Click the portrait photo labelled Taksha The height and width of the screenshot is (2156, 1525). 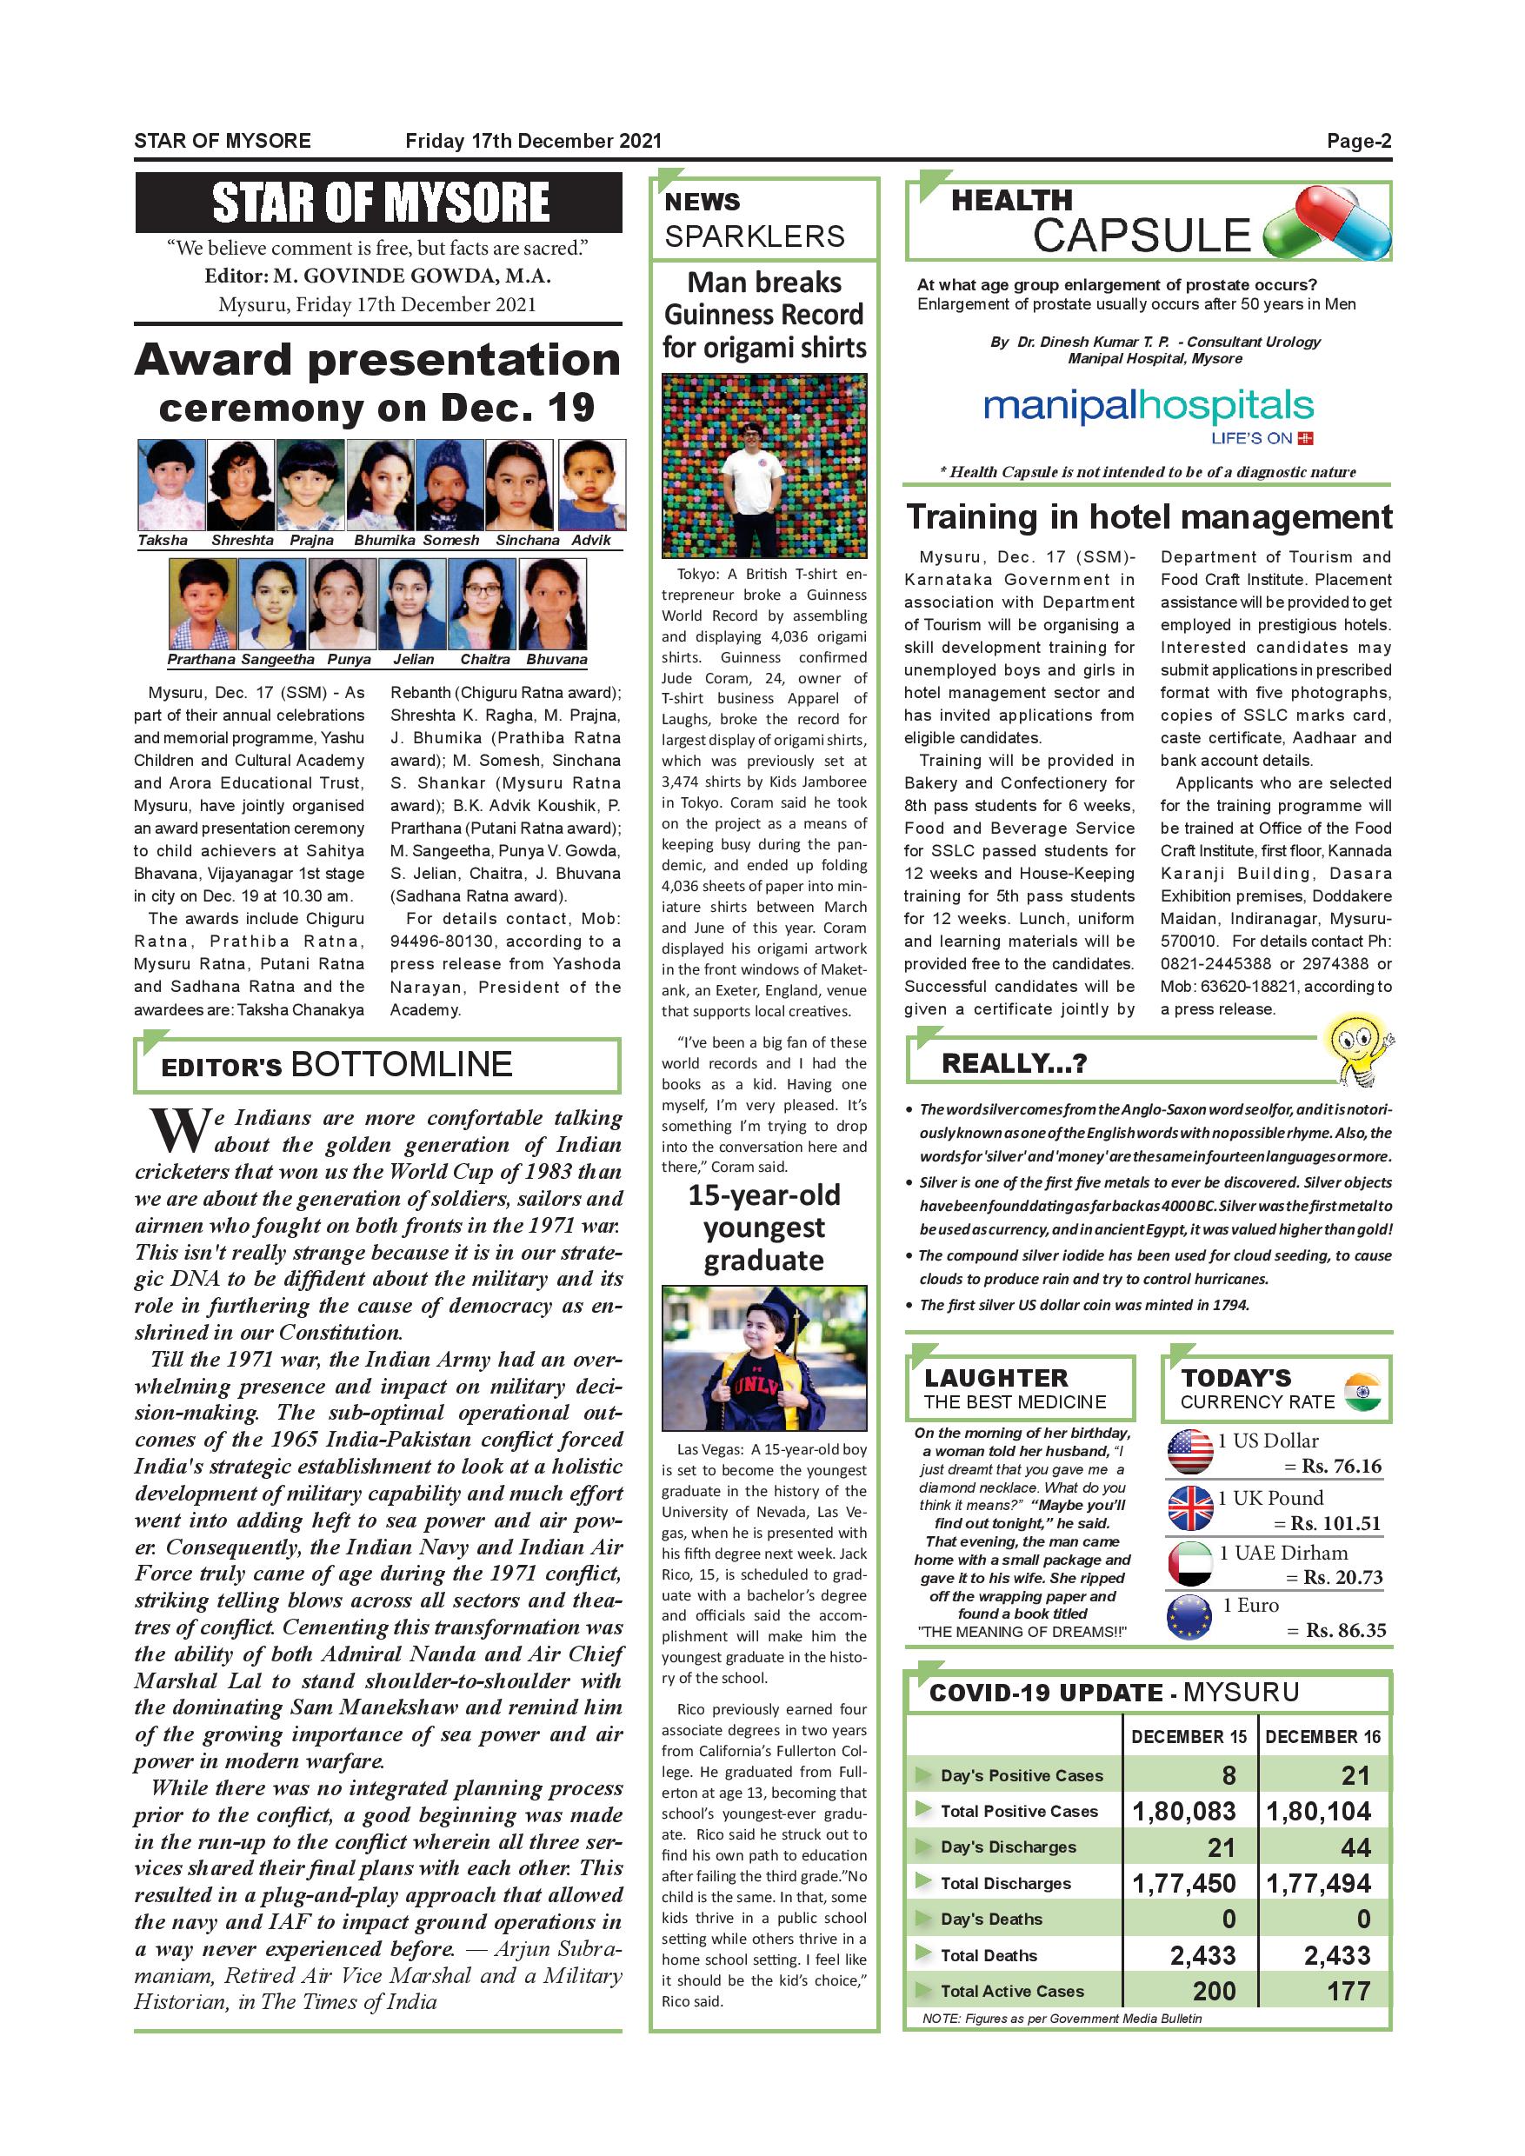tap(171, 484)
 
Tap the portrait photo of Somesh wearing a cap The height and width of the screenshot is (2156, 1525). tap(449, 484)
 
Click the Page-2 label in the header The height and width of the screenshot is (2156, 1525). tap(1358, 141)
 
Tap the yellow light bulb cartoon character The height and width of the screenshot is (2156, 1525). tap(1356, 1050)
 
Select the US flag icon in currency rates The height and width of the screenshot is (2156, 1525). tap(1189, 1451)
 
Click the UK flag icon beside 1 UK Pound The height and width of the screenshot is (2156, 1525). tap(1189, 1507)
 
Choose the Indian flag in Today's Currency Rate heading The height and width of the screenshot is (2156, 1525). tap(1362, 1391)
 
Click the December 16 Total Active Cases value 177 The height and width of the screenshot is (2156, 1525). tap(1349, 1990)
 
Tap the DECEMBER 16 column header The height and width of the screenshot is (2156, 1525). tap(1322, 1736)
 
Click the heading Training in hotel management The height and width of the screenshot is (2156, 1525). tap(1149, 517)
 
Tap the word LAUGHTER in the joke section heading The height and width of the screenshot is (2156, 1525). tap(996, 1378)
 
